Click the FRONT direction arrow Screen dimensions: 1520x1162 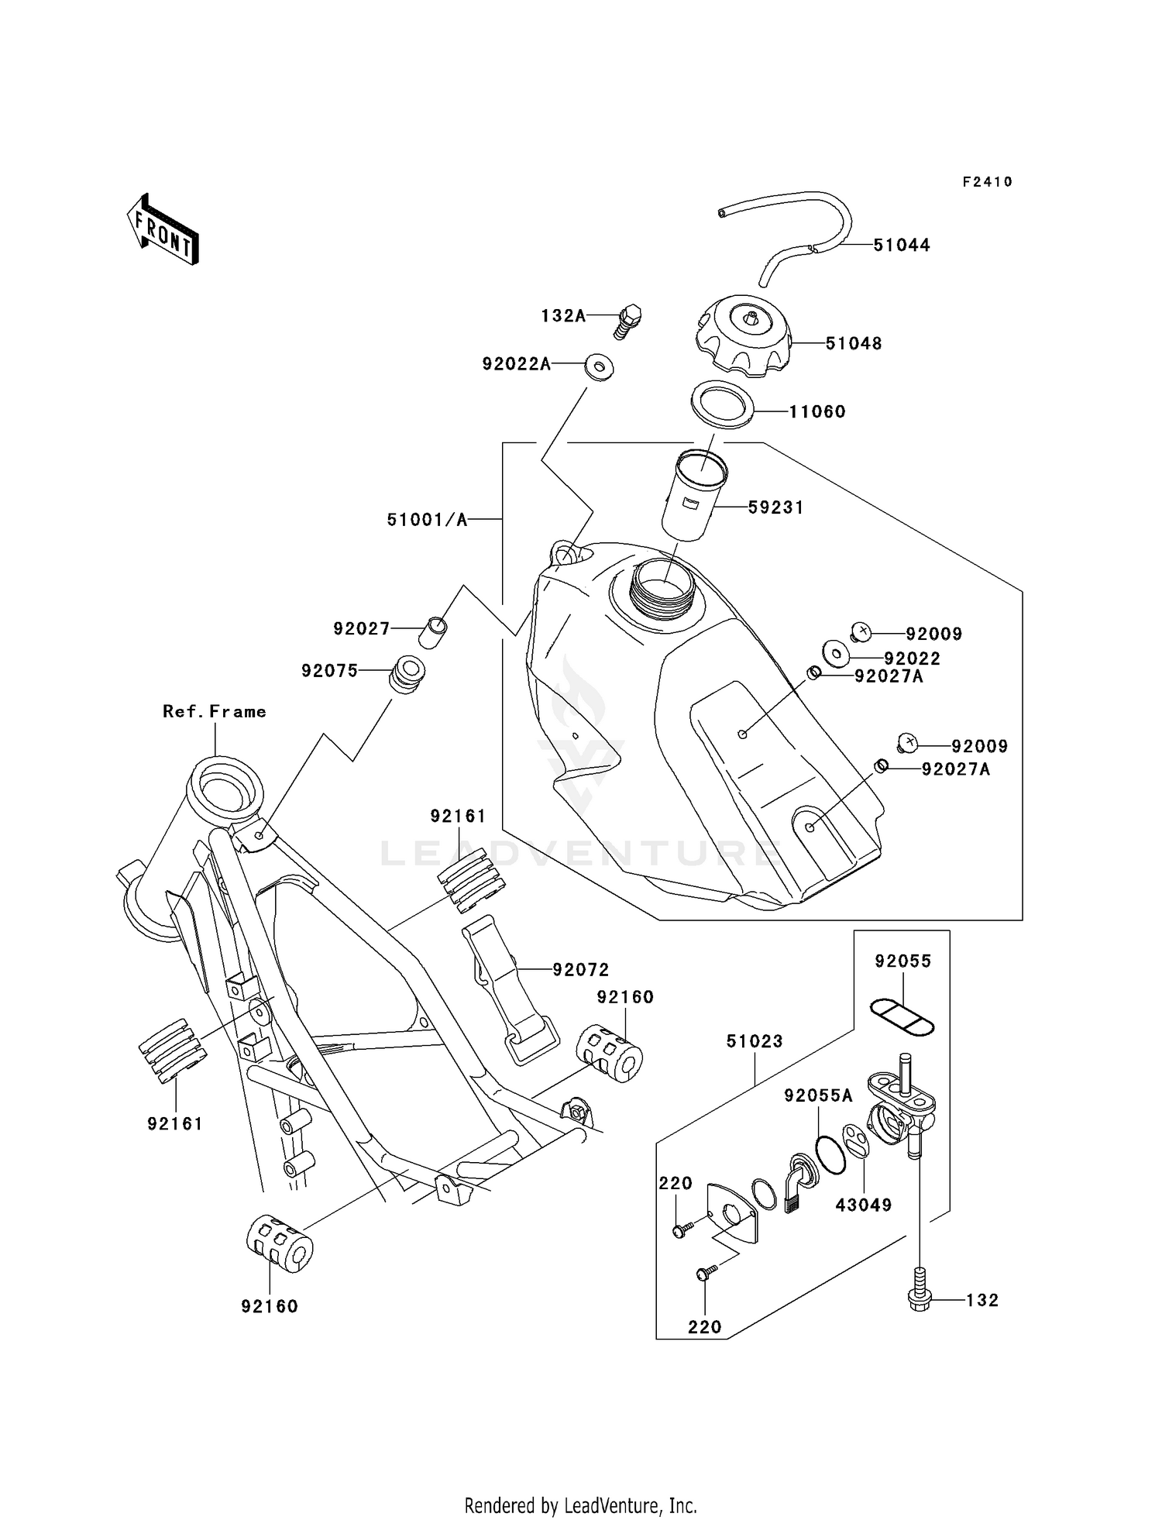click(x=163, y=230)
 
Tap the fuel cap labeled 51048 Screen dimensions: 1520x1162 click(x=743, y=336)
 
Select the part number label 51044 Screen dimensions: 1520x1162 click(x=901, y=245)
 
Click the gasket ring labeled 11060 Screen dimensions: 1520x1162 click(x=722, y=403)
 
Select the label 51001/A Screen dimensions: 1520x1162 click(x=428, y=520)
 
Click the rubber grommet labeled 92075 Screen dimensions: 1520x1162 click(x=407, y=674)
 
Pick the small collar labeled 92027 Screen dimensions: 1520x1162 click(x=434, y=631)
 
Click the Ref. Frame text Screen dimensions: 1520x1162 click(x=215, y=711)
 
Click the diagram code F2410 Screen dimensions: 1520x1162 click(x=987, y=182)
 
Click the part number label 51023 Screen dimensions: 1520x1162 click(x=755, y=1042)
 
